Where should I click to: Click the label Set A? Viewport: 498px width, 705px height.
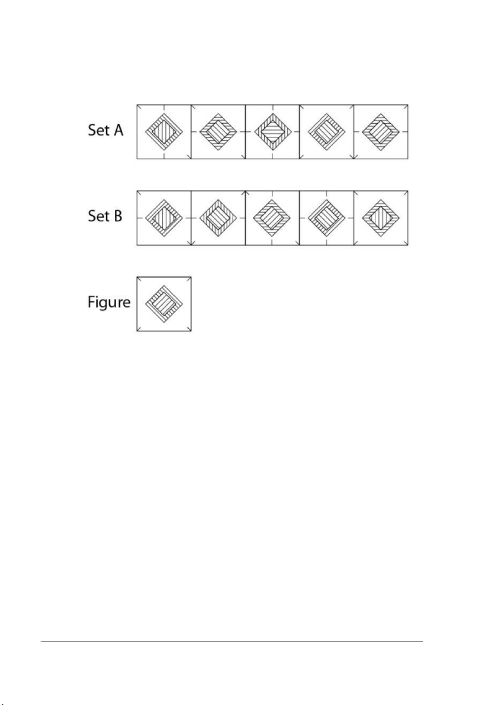pos(105,130)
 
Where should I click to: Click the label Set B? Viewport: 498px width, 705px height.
pos(105,216)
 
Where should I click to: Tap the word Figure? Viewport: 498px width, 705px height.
pos(109,302)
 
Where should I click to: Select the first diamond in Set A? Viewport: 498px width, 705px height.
pos(164,132)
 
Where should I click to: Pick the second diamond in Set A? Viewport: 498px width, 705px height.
pos(218,132)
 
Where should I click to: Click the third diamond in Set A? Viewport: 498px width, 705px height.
pos(272,132)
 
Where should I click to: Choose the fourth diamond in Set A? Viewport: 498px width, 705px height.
pos(327,132)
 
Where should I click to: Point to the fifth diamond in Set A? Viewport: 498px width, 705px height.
pos(381,132)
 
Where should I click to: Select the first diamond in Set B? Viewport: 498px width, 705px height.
pos(164,218)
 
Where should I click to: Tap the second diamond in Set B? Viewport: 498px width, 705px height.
pos(218,218)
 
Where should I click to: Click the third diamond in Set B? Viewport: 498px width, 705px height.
pos(272,218)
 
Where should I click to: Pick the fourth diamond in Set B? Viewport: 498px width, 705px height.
pos(327,218)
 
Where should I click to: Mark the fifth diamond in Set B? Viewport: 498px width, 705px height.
pos(381,218)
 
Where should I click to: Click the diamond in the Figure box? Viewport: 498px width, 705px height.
pos(164,304)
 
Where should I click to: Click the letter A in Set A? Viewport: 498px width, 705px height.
pos(118,130)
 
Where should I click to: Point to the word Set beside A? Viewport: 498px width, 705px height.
pos(98,130)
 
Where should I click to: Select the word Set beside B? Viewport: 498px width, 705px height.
pos(98,216)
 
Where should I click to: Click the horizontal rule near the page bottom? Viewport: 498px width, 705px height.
pos(232,642)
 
